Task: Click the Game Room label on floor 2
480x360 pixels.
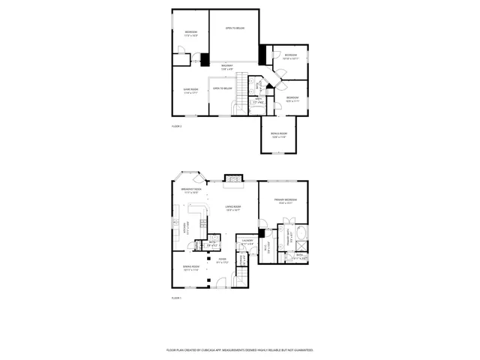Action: pos(190,91)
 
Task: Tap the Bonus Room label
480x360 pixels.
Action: pos(279,136)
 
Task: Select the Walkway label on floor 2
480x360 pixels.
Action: pos(226,67)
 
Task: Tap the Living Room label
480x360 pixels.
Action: pos(233,208)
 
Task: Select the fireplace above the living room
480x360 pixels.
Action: pos(234,181)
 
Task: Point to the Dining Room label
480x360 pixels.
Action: pos(190,268)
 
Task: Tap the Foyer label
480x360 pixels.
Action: pos(221,262)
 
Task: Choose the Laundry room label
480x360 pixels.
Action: pos(247,241)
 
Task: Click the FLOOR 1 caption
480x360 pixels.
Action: pos(177,298)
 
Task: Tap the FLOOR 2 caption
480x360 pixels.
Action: pos(177,126)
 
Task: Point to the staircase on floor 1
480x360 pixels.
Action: pos(244,258)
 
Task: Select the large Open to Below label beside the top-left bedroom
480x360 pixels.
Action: pos(235,28)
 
